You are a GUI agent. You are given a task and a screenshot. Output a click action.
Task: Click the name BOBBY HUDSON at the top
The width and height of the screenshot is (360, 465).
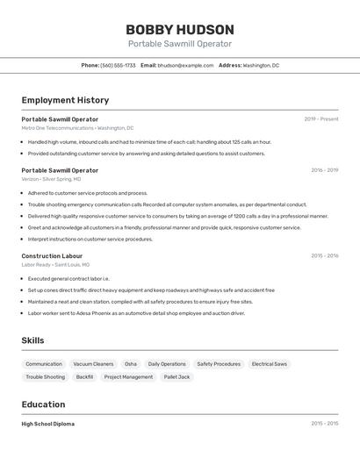pyautogui.click(x=180, y=29)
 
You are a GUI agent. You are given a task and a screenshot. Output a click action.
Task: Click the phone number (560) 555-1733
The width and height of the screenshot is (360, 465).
pyautogui.click(x=118, y=65)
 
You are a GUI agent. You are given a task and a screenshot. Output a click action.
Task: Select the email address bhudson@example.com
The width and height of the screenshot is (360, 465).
pyautogui.click(x=185, y=65)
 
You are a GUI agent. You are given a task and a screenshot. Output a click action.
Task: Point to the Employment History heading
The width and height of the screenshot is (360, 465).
pyautogui.click(x=65, y=100)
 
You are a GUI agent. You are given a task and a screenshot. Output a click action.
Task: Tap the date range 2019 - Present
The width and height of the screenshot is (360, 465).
pyautogui.click(x=321, y=119)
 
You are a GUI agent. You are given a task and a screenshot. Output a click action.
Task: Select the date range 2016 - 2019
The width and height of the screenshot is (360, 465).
pyautogui.click(x=324, y=170)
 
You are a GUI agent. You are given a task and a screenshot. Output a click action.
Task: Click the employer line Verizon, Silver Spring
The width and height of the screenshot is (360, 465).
pyautogui.click(x=51, y=179)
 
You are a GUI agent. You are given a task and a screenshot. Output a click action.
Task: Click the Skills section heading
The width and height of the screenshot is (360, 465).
pyautogui.click(x=33, y=340)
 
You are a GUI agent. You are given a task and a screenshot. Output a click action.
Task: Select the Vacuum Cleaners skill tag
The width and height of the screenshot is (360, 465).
pyautogui.click(x=93, y=363)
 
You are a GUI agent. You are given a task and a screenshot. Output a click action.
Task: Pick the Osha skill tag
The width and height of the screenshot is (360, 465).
pyautogui.click(x=130, y=363)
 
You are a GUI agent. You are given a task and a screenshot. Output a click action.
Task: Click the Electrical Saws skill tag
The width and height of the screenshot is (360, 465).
pyautogui.click(x=269, y=363)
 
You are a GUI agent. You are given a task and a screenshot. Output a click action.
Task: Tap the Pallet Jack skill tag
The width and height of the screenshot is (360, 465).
pyautogui.click(x=176, y=376)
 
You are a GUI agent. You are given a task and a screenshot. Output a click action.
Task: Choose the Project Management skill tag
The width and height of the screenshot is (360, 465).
pyautogui.click(x=128, y=376)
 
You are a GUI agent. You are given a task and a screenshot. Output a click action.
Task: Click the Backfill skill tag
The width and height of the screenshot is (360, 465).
pyautogui.click(x=84, y=376)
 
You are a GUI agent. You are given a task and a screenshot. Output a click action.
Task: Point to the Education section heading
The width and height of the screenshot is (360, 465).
pyautogui.click(x=43, y=404)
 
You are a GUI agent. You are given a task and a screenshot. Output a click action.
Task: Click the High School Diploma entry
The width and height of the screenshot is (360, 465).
pyautogui.click(x=48, y=424)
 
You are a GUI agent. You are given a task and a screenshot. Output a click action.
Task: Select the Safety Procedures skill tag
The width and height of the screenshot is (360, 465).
pyautogui.click(x=219, y=363)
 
